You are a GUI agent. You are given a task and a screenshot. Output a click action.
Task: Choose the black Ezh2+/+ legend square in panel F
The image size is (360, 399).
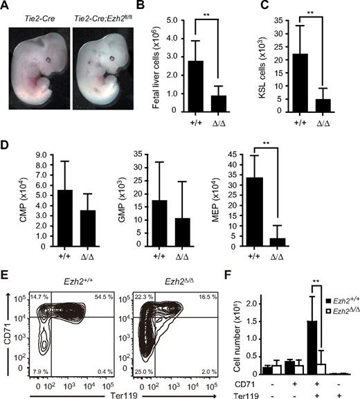304,299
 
